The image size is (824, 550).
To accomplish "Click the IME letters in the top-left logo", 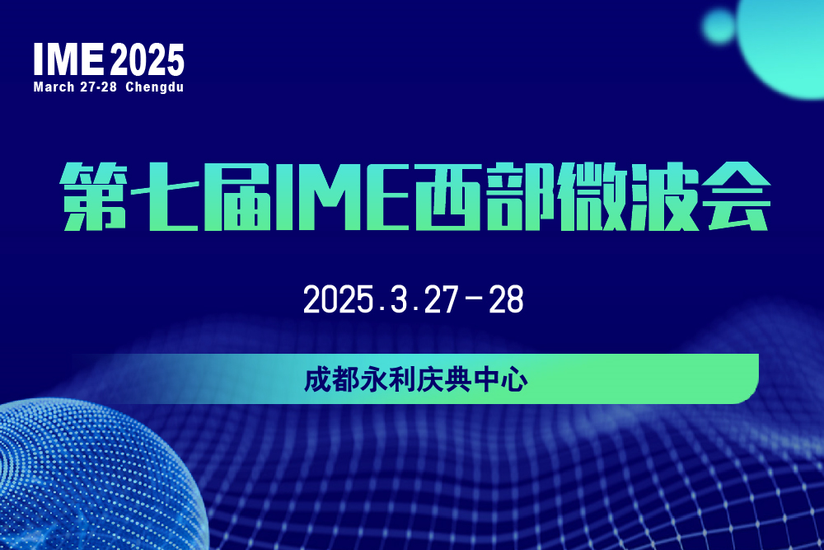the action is [x=68, y=59].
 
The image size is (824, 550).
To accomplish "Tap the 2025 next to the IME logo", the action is [x=147, y=59].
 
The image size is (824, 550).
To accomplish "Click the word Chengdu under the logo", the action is [x=155, y=87].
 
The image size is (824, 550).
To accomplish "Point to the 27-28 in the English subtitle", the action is [x=98, y=87].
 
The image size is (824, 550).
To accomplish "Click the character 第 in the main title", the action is [x=94, y=196].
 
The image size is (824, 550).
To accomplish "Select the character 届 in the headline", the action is [x=239, y=196].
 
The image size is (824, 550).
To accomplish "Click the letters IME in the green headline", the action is [x=342, y=196].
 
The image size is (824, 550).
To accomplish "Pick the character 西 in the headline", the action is [x=447, y=196].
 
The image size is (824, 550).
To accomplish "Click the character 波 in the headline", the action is [x=665, y=196].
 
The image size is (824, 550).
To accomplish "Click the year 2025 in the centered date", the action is [x=338, y=299].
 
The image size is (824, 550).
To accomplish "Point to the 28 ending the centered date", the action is [x=506, y=299].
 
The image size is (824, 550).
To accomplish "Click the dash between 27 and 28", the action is [x=474, y=298].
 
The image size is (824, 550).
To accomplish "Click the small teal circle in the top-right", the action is [x=719, y=26].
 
